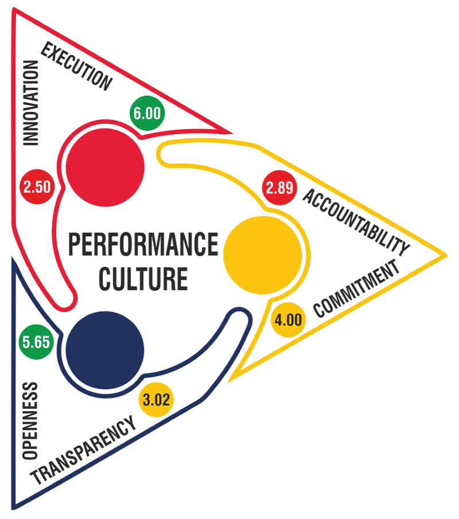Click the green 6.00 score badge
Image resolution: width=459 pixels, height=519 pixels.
[147, 113]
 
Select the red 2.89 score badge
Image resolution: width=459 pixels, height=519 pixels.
[279, 187]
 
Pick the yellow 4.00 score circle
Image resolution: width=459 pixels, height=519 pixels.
[288, 319]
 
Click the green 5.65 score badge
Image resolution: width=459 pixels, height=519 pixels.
[36, 342]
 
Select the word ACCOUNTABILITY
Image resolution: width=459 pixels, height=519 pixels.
[356, 221]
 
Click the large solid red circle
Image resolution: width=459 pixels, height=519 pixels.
[104, 167]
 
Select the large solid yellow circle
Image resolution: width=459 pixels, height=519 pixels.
[262, 252]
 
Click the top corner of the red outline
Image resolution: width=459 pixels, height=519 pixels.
[14, 11]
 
